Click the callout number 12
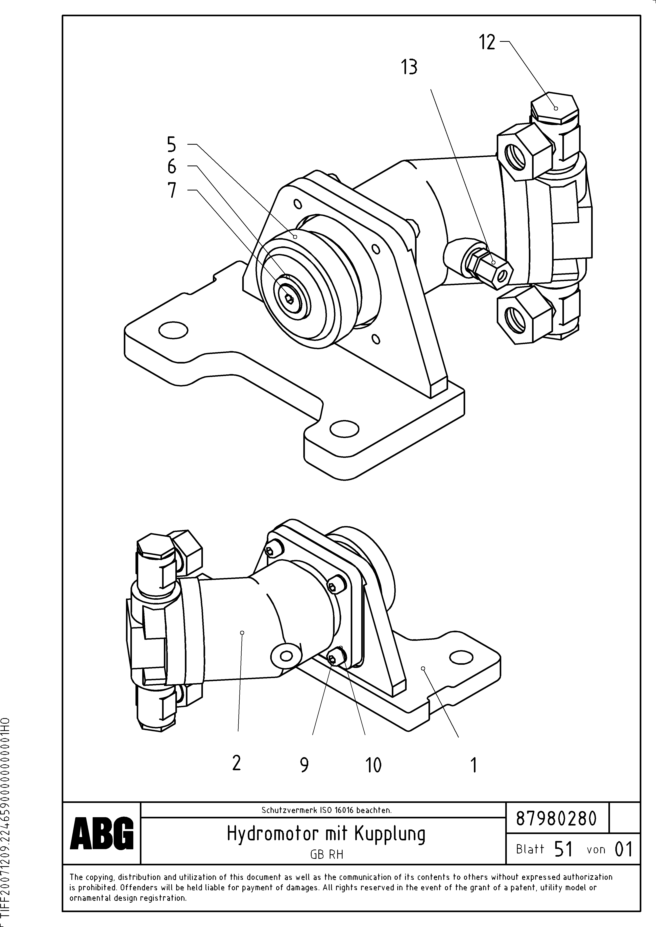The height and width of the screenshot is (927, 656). pyautogui.click(x=487, y=42)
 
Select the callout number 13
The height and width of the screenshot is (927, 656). pyautogui.click(x=409, y=67)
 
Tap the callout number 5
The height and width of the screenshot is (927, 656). pyautogui.click(x=172, y=144)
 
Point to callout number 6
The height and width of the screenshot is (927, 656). pyautogui.click(x=172, y=166)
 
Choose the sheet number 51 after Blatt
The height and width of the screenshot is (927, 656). pyautogui.click(x=563, y=850)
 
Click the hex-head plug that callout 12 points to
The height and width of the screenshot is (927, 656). pyautogui.click(x=555, y=108)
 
